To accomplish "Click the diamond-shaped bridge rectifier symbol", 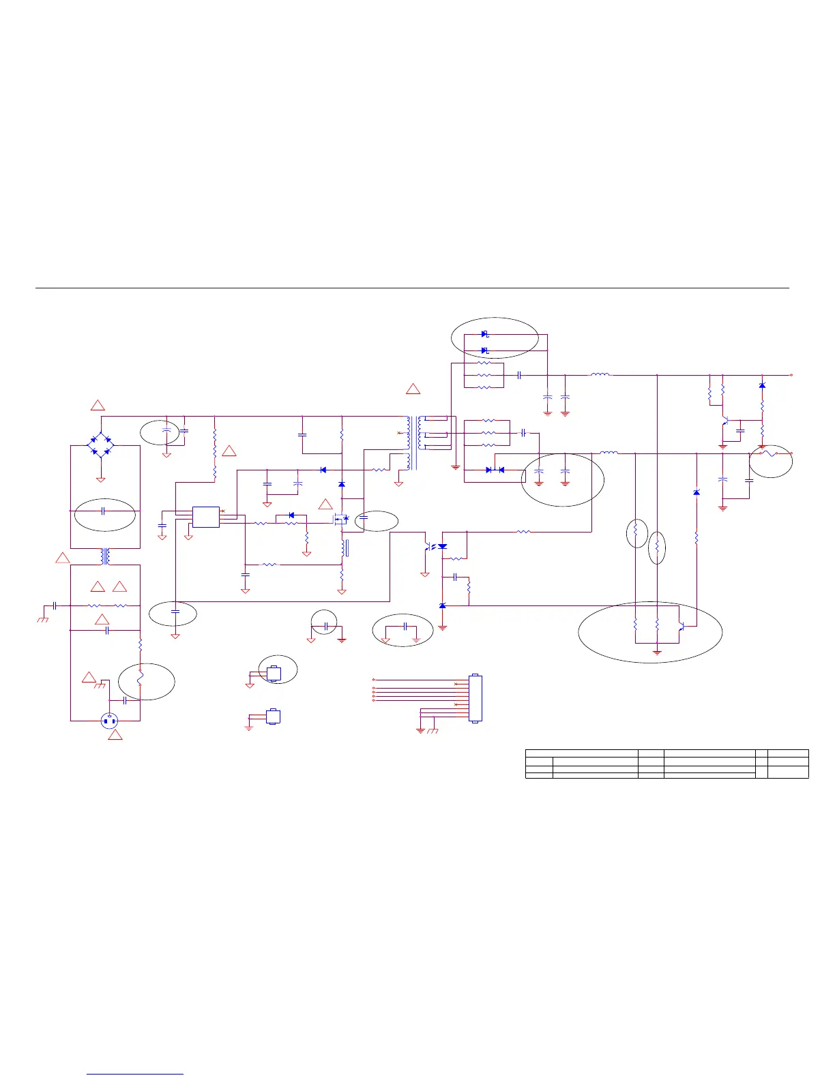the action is click(x=101, y=445).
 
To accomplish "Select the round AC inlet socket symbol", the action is click(x=109, y=721).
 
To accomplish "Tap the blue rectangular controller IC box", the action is click(x=205, y=517).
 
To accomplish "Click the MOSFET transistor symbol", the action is click(x=340, y=520).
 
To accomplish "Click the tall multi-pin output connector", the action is click(x=475, y=699).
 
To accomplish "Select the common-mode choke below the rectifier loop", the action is click(x=105, y=556).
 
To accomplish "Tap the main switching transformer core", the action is click(x=413, y=442).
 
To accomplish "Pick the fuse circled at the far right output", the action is click(x=769, y=453).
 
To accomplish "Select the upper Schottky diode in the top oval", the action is click(x=485, y=334).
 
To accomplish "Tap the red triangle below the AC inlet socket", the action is click(x=115, y=735).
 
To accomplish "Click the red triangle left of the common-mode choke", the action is click(x=62, y=558).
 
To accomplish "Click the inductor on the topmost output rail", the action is click(x=600, y=374).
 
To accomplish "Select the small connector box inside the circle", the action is click(x=274, y=673).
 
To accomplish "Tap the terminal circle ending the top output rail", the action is click(x=791, y=375).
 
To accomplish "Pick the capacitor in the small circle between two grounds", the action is click(x=326, y=626).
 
